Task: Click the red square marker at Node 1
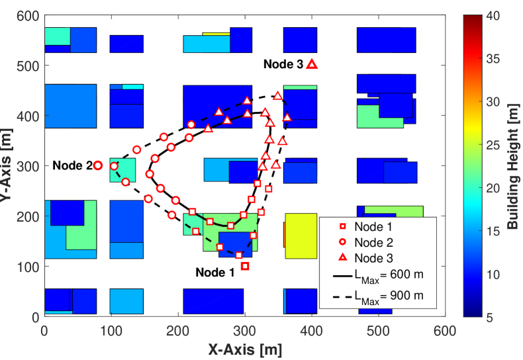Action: (245, 266)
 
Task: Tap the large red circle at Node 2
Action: (97, 165)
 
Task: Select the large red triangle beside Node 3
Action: (312, 64)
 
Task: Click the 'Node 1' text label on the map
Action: (215, 272)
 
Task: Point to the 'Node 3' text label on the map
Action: (283, 64)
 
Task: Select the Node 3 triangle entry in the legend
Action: (375, 257)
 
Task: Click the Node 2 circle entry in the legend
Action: (375, 241)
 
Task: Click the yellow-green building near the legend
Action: (301, 236)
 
